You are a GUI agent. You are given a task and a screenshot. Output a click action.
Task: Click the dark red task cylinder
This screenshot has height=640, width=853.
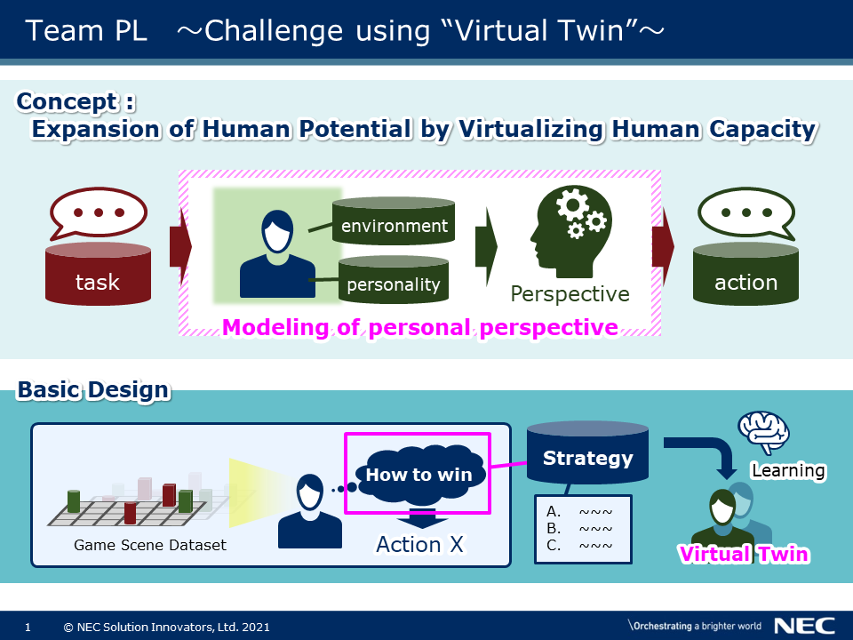click(98, 274)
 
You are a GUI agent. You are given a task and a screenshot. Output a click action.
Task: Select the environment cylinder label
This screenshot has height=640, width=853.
click(394, 226)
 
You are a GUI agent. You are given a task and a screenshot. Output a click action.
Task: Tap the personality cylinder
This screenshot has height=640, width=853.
click(394, 279)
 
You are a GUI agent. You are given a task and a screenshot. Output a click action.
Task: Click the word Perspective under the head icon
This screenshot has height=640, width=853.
click(570, 294)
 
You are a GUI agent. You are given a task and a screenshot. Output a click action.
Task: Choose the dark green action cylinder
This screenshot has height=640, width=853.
click(745, 274)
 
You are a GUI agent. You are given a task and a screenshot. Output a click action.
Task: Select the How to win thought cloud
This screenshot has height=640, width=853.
click(419, 473)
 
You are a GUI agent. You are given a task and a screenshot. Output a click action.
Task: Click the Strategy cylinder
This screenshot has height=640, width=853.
click(587, 452)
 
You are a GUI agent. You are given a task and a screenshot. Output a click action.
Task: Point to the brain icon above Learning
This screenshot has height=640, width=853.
click(764, 432)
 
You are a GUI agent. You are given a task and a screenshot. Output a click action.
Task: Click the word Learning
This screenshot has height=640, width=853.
click(788, 470)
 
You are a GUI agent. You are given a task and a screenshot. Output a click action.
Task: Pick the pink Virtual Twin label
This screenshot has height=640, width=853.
click(745, 554)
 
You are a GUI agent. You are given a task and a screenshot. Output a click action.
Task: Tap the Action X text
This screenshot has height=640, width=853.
click(420, 544)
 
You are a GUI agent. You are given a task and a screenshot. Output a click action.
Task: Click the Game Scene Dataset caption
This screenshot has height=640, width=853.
click(150, 545)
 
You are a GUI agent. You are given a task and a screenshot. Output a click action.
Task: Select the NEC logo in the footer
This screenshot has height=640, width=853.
click(805, 626)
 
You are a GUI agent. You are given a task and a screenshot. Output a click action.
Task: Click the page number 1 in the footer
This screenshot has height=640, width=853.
click(28, 628)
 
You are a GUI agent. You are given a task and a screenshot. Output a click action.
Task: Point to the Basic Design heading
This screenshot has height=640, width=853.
click(93, 390)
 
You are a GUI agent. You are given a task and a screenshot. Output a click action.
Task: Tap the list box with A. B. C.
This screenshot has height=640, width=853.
click(583, 529)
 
